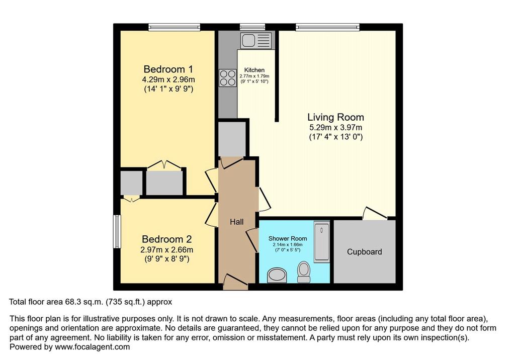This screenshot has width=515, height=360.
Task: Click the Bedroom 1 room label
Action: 168,69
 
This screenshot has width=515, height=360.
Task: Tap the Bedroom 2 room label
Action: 167,239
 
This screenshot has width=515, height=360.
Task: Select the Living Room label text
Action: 335,117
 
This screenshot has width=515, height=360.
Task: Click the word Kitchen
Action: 254,70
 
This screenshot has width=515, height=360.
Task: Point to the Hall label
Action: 237,222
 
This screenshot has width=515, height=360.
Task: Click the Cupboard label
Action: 365,252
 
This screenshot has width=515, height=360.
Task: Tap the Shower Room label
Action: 288,238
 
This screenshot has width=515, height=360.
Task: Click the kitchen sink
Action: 256,40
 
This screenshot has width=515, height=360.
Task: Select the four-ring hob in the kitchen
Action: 228,78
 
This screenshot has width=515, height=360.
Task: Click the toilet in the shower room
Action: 304,272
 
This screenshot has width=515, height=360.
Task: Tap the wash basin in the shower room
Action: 277,275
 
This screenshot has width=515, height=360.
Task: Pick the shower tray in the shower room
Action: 321,242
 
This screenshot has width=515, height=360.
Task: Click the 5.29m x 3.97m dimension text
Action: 335,127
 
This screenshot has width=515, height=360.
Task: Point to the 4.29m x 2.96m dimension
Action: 168,79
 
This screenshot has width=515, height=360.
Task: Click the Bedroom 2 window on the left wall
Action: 117,231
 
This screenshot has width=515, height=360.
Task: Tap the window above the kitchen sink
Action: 252,27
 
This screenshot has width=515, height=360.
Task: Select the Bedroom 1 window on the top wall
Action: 174,27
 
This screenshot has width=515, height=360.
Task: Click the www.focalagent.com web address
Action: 93,347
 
